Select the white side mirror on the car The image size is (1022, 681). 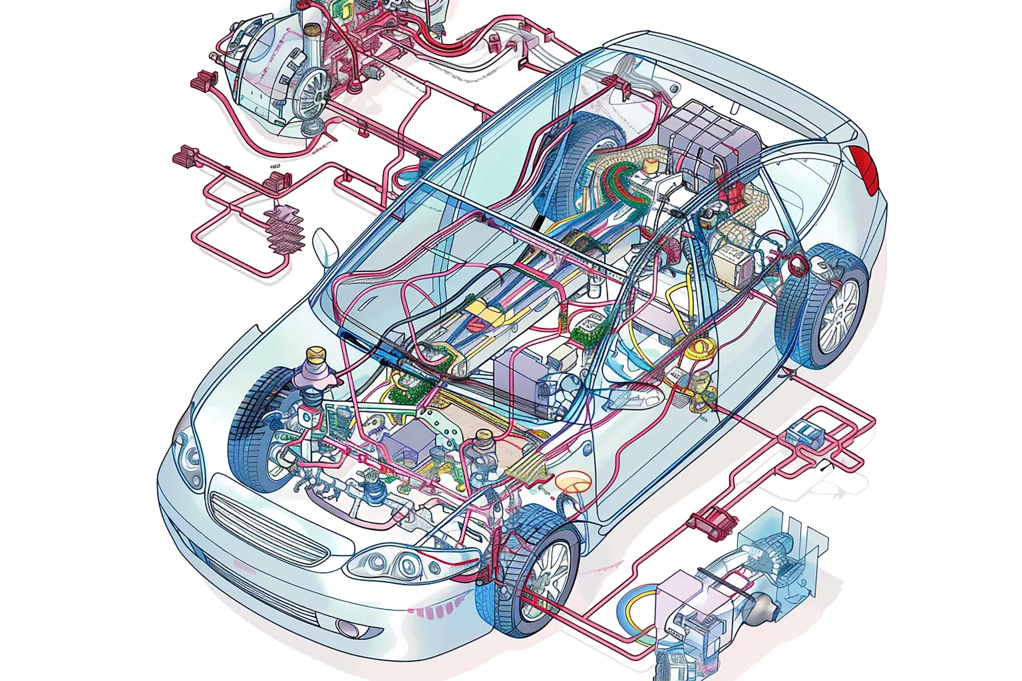(x=327, y=247)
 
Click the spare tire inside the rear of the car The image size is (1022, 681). (x=586, y=160)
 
